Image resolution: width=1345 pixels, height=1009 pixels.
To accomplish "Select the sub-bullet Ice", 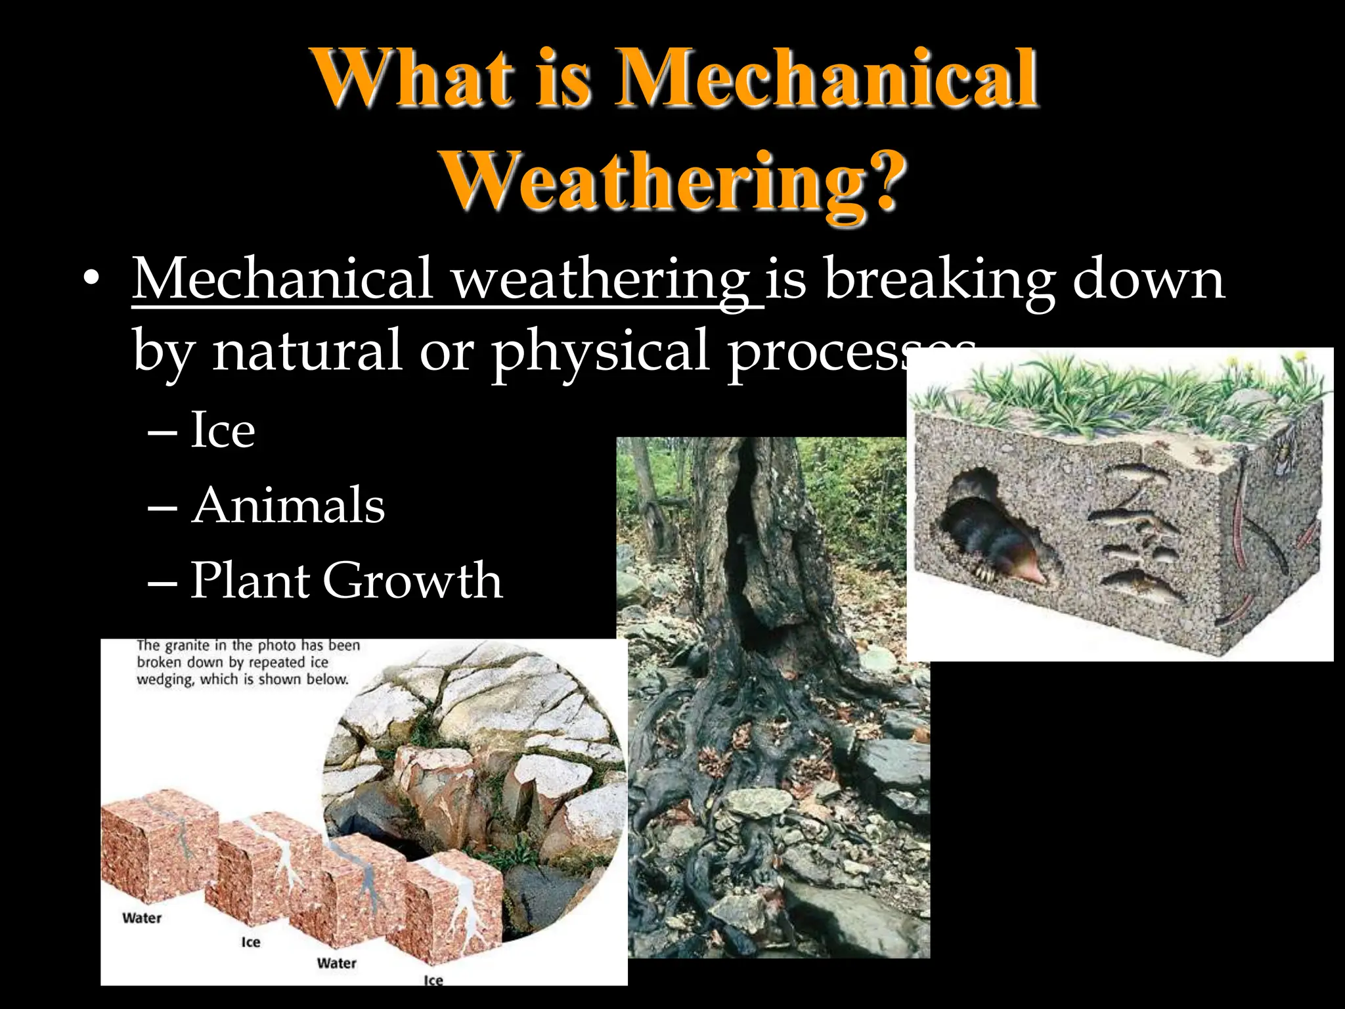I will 222,430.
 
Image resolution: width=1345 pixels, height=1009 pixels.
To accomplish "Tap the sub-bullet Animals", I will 288,506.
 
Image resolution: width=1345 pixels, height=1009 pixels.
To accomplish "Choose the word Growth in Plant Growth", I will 412,581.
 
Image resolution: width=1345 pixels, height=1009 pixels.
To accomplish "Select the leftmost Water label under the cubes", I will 142,918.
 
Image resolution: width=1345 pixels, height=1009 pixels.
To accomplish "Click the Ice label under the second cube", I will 250,943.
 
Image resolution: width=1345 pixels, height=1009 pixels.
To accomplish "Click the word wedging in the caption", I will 165,680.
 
